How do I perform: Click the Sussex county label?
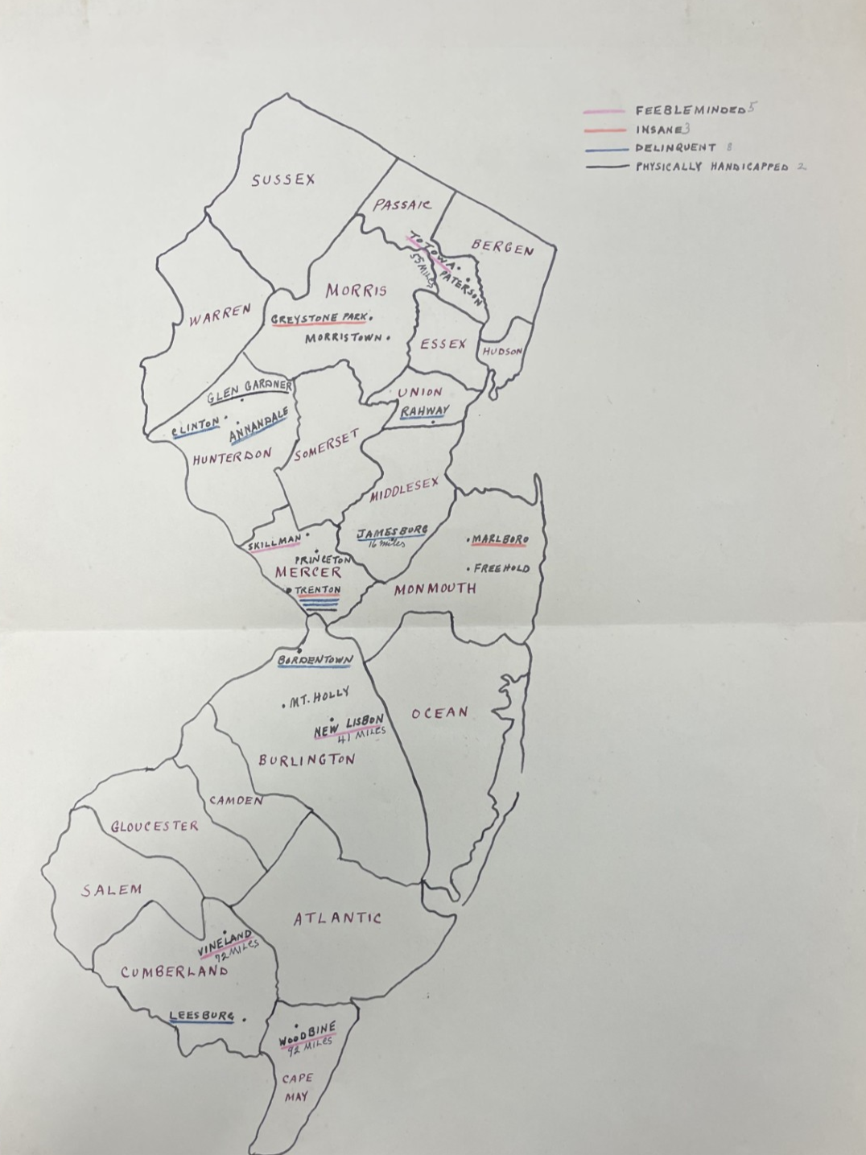282,180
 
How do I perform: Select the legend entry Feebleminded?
690,110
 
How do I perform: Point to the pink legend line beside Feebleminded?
604,111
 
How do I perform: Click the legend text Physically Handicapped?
711,167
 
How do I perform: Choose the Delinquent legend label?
675,148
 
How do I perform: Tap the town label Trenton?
318,590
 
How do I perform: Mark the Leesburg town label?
201,1017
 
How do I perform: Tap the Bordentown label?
315,661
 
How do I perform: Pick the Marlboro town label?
499,539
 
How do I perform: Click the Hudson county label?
502,352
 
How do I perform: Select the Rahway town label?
424,411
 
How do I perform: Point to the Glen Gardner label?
249,392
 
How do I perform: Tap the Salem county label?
111,890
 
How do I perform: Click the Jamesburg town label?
392,532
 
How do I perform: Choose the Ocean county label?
439,713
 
